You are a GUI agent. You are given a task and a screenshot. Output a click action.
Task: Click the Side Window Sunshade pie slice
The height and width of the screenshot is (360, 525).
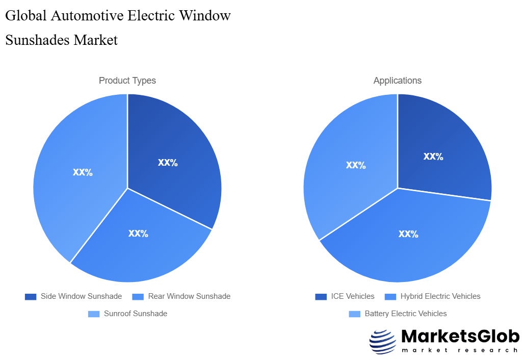(x=173, y=153)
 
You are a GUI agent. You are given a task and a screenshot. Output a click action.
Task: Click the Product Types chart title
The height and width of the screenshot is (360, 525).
(x=127, y=81)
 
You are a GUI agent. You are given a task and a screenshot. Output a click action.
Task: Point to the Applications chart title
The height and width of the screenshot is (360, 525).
(x=398, y=81)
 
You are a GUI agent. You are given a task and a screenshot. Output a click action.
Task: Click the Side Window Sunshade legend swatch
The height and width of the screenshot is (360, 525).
(x=31, y=296)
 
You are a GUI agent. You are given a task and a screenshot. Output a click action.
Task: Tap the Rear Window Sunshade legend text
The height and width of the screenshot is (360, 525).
(x=189, y=296)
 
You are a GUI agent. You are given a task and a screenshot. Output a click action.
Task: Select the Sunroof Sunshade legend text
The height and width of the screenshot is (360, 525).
(x=135, y=314)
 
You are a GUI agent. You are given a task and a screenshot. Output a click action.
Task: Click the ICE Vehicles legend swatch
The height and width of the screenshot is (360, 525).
(x=321, y=296)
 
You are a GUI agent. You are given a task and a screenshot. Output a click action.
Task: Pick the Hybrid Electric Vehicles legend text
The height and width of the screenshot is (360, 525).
(x=440, y=296)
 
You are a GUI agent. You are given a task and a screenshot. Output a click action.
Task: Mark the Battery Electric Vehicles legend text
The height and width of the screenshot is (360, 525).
(x=405, y=314)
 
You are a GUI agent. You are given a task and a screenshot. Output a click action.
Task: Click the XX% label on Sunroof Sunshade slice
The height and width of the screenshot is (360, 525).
(x=83, y=172)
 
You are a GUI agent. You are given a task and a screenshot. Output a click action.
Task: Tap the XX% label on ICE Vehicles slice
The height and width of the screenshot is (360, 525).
(x=433, y=157)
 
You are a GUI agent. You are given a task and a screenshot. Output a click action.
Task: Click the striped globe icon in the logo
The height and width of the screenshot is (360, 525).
(x=382, y=341)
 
